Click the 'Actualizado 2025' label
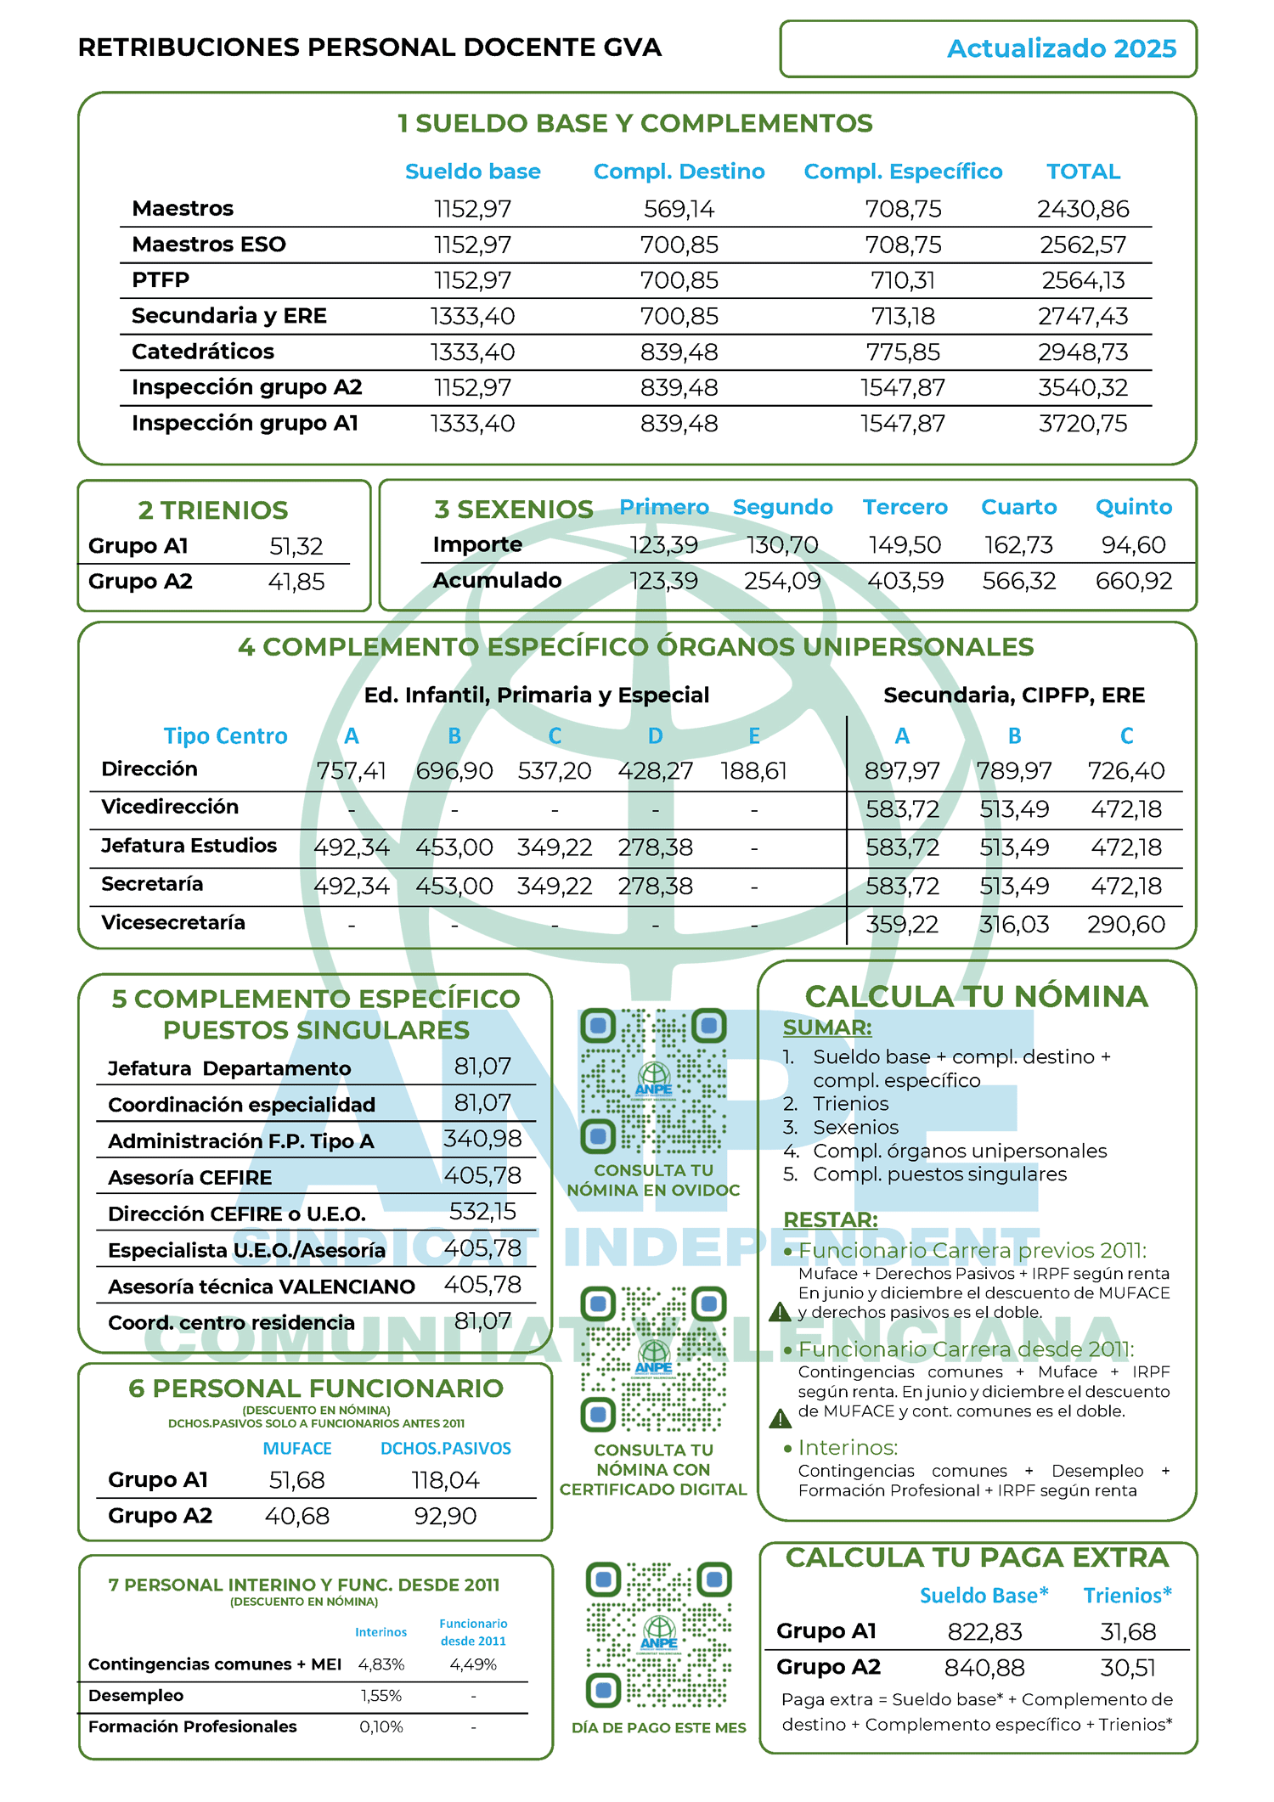pos(1061,48)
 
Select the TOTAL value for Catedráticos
pos(1083,352)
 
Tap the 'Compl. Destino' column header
pos(679,172)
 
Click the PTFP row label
pos(161,279)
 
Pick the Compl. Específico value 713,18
pos(903,316)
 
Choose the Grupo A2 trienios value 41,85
pos(296,582)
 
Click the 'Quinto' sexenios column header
pos(1133,507)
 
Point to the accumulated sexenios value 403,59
pos(905,581)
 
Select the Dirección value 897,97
pos(902,771)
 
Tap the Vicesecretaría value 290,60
pos(1126,924)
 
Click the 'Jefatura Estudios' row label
pos(189,845)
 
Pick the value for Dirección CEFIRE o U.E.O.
pos(482,1212)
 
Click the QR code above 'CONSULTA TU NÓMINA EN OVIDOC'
pos(653,1081)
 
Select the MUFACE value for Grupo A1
pos(296,1480)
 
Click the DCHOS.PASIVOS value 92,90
pos(445,1516)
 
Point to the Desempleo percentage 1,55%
pos(381,1696)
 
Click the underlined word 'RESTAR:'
pos(830,1219)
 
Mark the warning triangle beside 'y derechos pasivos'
pos(780,1312)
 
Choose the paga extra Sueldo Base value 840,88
pos(984,1668)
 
